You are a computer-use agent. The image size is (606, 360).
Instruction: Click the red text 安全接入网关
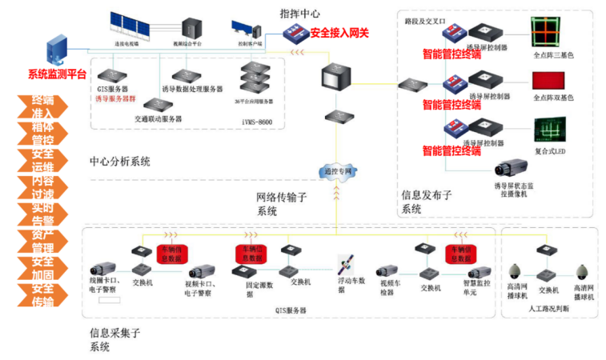tap(339, 33)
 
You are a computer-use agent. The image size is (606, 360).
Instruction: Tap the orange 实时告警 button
tap(42, 214)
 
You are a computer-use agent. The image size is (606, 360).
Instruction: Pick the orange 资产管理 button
tap(42, 242)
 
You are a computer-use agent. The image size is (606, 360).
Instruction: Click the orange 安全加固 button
tap(42, 268)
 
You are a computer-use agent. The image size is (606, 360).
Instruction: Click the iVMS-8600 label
tap(258, 122)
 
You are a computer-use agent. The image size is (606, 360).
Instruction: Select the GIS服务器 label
tap(113, 89)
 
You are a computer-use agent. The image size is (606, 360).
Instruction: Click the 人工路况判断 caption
tap(549, 308)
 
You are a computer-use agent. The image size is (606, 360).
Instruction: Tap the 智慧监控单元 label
tap(457, 288)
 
